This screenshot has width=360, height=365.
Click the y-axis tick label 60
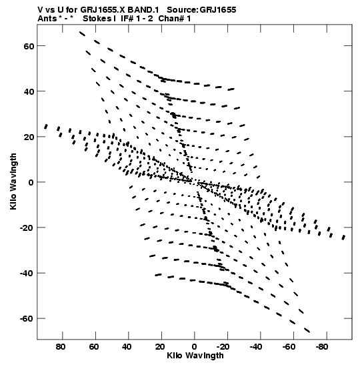(29, 46)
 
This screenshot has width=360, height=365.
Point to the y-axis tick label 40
(29, 91)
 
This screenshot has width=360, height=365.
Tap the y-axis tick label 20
(29, 137)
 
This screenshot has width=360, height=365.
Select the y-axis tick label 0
(31, 182)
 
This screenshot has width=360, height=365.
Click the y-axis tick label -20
(27, 228)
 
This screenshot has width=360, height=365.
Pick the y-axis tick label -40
(27, 273)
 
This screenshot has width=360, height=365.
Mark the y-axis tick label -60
(27, 318)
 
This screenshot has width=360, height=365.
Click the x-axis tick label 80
(61, 347)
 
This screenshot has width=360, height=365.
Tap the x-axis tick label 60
(94, 347)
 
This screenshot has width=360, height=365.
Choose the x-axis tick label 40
(127, 347)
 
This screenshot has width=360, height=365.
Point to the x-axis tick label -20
(223, 347)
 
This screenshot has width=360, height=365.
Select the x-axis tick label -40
(256, 347)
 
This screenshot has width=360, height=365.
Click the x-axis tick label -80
(322, 347)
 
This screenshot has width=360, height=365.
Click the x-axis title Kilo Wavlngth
(195, 356)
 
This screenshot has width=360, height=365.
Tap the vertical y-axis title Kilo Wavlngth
(13, 181)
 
